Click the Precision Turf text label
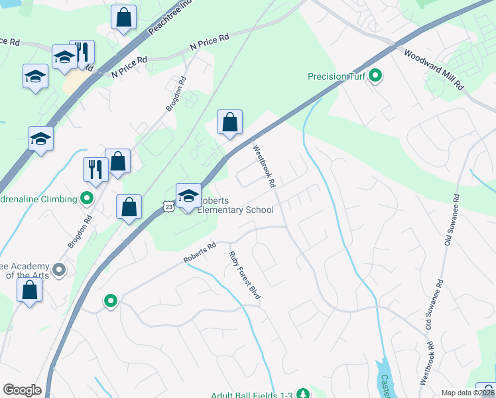pos(337,76)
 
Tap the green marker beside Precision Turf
pos(376,76)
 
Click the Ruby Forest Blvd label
pos(243,276)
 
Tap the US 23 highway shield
pos(170,208)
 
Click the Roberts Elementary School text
pos(235,205)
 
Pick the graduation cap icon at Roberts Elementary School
pos(188,195)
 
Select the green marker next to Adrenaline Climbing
pos(86,198)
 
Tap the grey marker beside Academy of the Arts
pos(59,269)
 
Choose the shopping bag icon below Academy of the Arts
pos(30,290)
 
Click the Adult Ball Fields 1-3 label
pos(251,395)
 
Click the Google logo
pos(22,390)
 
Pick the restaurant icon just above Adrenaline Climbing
pos(95,169)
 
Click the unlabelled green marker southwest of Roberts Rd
pos(111,302)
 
